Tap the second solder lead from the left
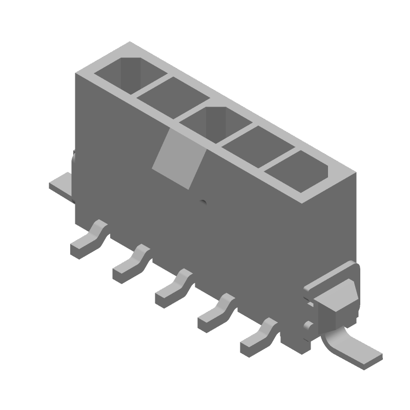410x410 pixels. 131,263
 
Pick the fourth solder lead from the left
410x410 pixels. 216,313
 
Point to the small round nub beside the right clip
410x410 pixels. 308,324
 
